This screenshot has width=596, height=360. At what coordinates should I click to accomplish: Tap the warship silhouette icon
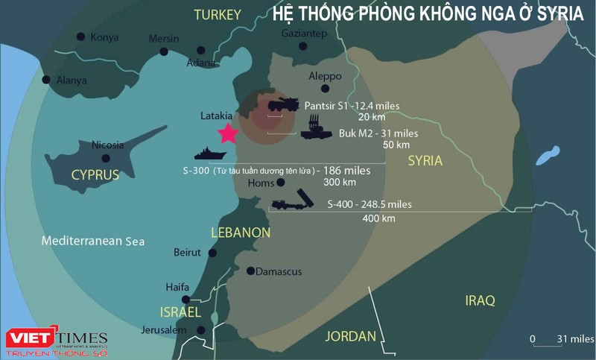[x=211, y=154]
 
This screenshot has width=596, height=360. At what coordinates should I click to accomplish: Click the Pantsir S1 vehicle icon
[x=283, y=105]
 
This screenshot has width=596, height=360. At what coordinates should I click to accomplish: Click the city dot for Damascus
[x=250, y=271]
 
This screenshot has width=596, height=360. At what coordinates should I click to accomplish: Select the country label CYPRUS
[x=95, y=175]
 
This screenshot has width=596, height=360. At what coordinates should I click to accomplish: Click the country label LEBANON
[x=241, y=233]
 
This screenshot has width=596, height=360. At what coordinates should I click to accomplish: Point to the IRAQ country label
[x=480, y=300]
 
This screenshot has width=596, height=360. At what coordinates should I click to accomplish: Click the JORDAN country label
[x=350, y=336]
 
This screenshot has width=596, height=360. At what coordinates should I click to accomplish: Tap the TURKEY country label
[x=218, y=15]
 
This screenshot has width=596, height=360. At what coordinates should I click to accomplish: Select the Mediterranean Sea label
[x=93, y=241]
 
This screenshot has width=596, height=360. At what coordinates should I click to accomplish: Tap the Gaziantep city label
[x=305, y=34]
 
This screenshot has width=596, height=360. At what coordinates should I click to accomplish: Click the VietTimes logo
[x=56, y=339]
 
